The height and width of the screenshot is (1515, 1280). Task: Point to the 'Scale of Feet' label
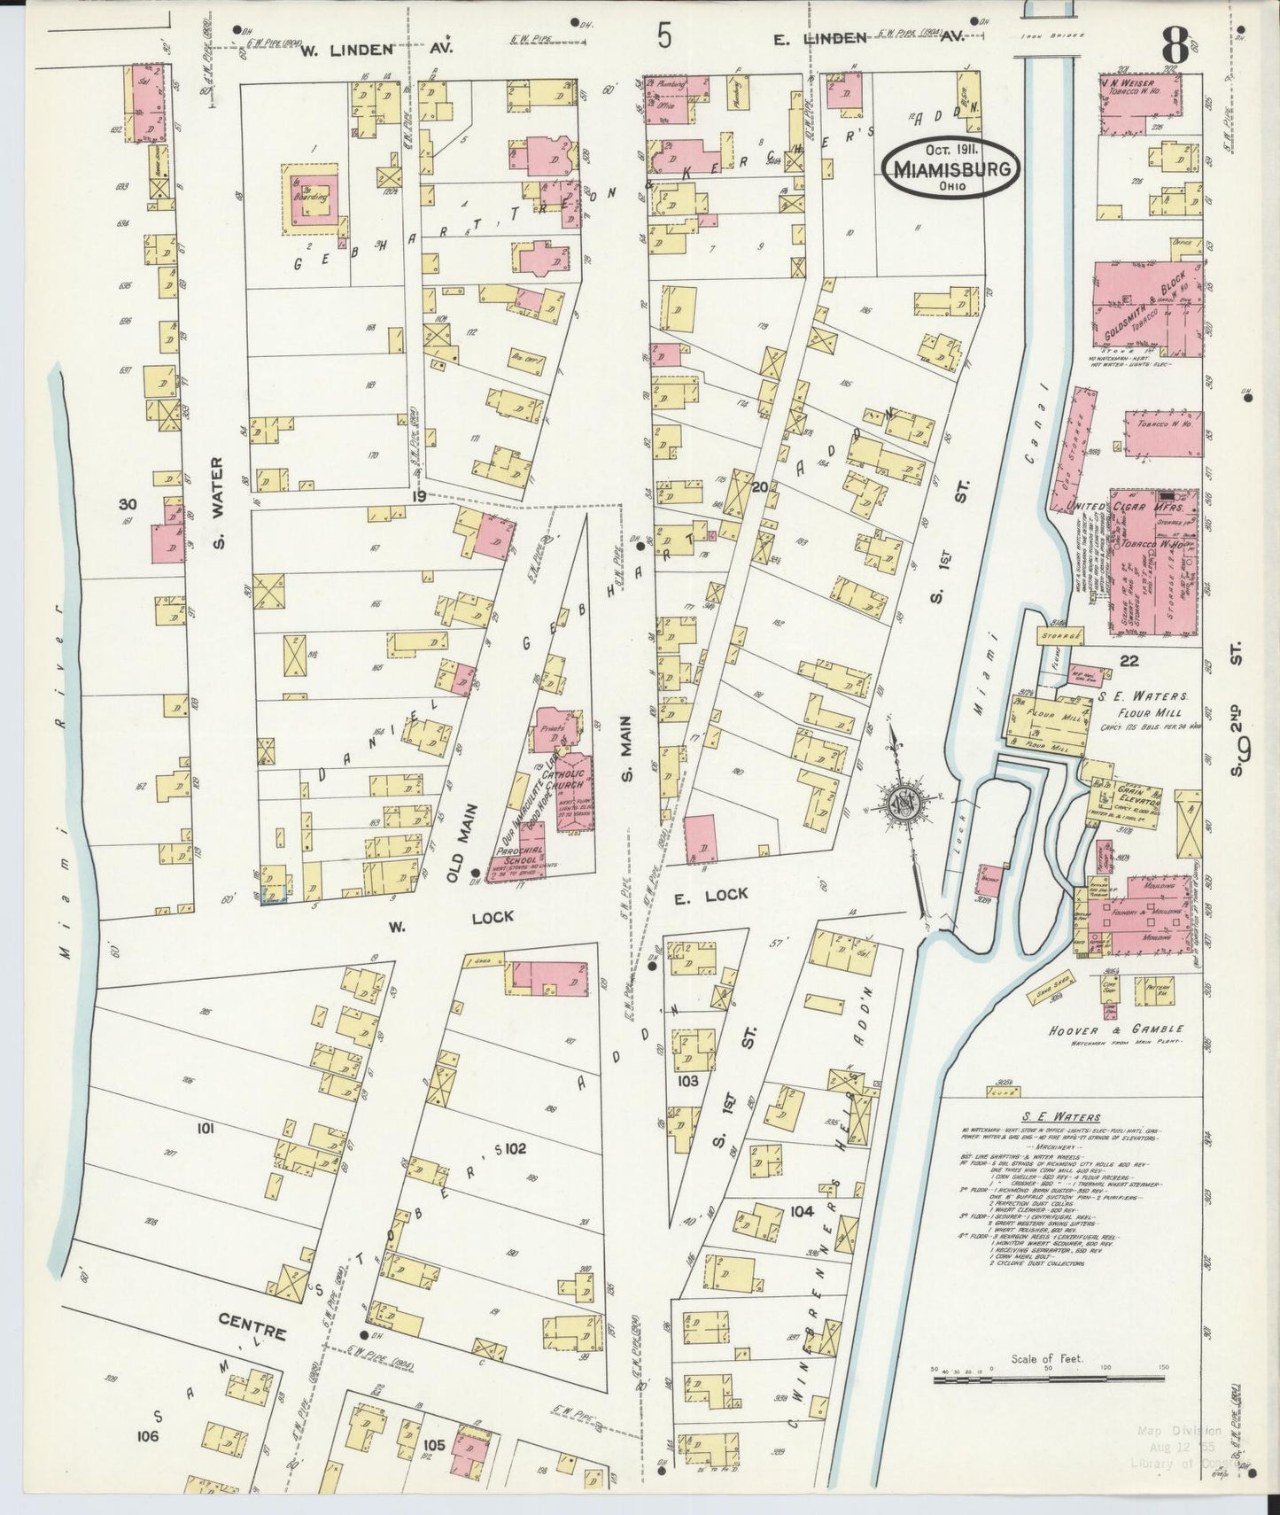[x=1048, y=1383]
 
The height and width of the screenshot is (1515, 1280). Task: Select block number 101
[x=206, y=1129]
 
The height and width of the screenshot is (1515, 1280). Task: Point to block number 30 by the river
[x=128, y=503]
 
